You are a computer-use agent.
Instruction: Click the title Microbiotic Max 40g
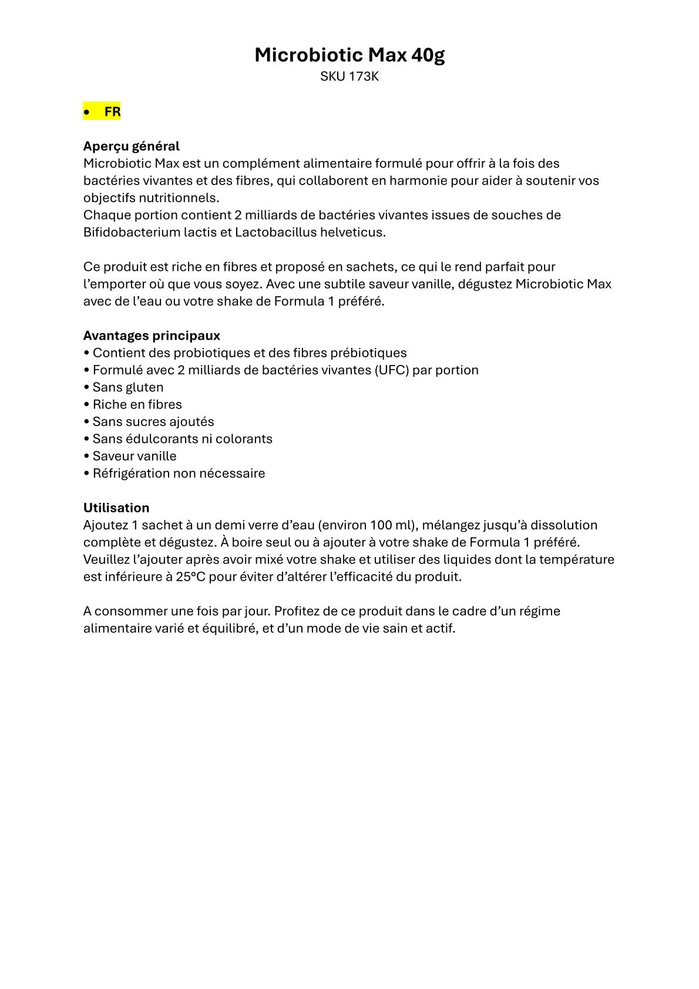pos(349,55)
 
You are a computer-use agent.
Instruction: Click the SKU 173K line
pos(349,76)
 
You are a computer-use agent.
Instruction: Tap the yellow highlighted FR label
pos(112,112)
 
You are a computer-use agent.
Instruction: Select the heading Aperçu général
pos(131,146)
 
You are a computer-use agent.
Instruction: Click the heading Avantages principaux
pos(152,336)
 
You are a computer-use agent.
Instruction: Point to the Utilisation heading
pos(116,508)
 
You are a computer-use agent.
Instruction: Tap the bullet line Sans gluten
pos(127,387)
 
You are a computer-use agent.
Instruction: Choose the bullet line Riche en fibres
pos(137,404)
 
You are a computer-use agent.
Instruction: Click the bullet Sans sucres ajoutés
pos(153,421)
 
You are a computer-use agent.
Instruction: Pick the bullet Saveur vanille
pos(134,456)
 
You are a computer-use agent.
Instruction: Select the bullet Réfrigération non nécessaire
pos(179,473)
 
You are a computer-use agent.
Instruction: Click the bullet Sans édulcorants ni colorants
pos(182,439)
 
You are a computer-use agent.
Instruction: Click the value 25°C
pos(190,576)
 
